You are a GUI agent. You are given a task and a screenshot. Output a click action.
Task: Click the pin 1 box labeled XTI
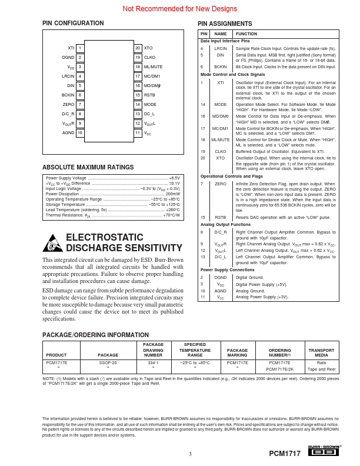pos(80,48)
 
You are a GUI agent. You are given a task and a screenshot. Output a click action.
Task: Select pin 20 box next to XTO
pos(138,48)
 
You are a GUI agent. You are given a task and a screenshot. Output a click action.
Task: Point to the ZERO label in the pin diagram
pos(69,104)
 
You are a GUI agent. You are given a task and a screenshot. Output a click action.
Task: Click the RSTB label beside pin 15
pos(149,95)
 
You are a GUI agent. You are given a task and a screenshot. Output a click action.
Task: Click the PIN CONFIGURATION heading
pos(68,24)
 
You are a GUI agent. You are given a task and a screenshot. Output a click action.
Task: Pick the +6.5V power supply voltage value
pos(174,178)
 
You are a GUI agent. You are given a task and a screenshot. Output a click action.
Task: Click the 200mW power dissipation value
pos(173,194)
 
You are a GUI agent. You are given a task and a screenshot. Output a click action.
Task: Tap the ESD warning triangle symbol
pos(52,242)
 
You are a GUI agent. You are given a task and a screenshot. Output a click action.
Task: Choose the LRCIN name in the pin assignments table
pos(221,48)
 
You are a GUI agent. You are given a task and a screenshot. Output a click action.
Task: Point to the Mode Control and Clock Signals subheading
pos(232,75)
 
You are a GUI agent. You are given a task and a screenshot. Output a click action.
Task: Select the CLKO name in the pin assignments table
pos(221,151)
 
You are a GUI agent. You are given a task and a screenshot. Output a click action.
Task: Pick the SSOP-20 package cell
pos(108,363)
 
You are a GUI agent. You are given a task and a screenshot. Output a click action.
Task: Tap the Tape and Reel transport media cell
pos(321,369)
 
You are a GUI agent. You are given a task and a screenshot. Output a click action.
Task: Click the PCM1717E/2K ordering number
pos(280,369)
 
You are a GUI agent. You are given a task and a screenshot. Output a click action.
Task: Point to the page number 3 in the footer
pos(190,454)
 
